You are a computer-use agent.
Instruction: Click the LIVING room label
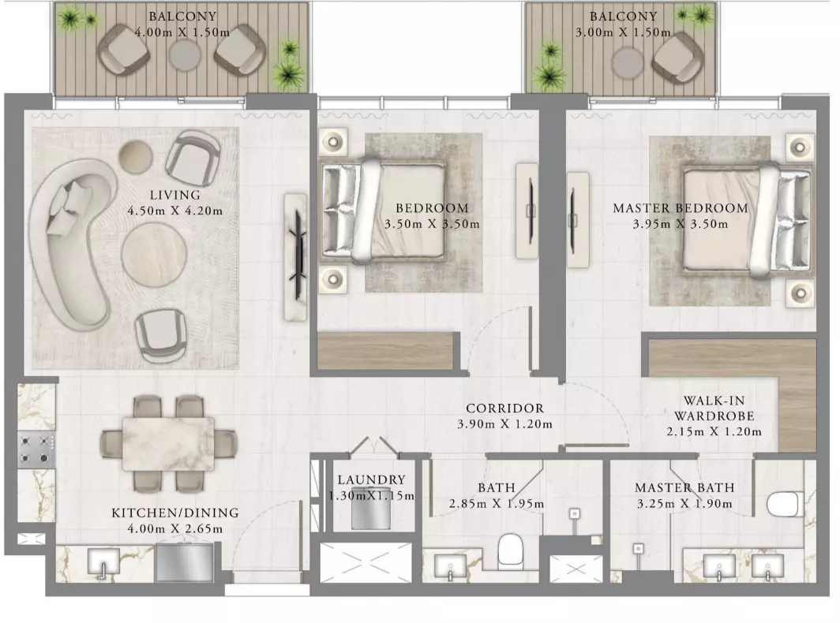pos(175,196)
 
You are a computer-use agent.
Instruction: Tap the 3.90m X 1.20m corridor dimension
pos(504,424)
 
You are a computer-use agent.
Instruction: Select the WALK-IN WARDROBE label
pos(714,408)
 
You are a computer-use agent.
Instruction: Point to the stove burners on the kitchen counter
pos(36,450)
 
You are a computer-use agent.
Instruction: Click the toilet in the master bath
pos(786,504)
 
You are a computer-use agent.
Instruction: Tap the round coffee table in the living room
pos(154,255)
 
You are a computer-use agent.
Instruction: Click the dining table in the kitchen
pos(168,444)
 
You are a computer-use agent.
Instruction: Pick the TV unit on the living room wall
pos(295,257)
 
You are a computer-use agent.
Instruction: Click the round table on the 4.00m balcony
pos(186,54)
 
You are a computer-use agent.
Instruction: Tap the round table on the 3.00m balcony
pos(628,63)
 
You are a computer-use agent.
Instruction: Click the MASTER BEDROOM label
pos(681,208)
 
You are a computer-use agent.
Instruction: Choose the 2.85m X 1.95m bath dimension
pos(497,504)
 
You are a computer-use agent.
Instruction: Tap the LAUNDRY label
pos(371,480)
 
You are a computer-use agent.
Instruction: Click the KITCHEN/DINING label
pos(175,513)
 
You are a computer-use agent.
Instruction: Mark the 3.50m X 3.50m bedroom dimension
pos(433,224)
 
